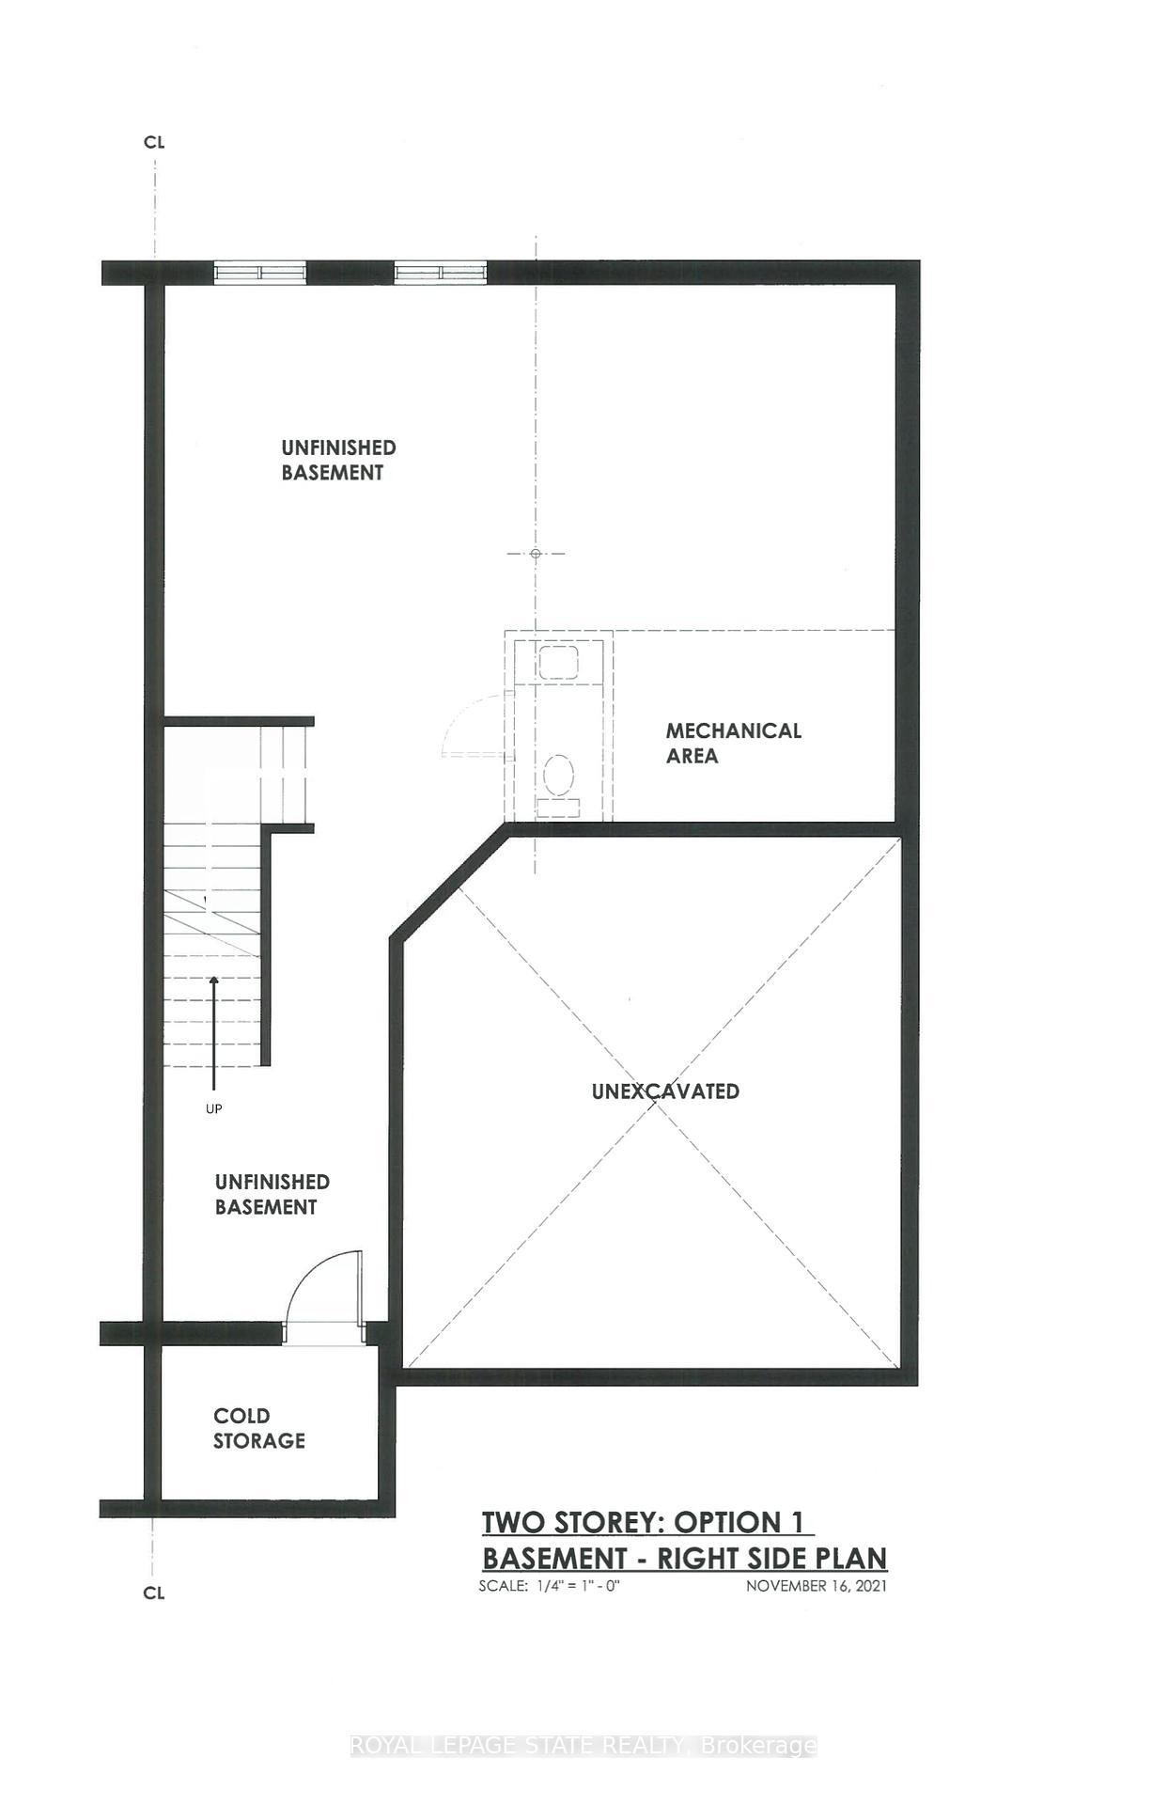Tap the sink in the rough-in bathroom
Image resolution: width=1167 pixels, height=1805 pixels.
pos(558,662)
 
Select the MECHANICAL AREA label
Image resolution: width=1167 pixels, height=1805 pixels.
pos(733,743)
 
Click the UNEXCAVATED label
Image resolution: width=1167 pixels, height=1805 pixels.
pos(665,1091)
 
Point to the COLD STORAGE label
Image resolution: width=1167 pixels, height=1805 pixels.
pos(258,1428)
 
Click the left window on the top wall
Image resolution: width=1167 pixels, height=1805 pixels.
pos(259,273)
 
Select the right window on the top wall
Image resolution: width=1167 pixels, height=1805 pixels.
pos(440,273)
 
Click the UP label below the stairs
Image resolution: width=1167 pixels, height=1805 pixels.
pos(214,1109)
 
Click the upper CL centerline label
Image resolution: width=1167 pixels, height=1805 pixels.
pos(154,142)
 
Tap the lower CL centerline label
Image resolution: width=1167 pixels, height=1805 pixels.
pos(154,1593)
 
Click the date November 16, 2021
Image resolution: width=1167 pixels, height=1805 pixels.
pos(816,1586)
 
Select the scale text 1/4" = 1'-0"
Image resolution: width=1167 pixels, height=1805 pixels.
pos(550,1586)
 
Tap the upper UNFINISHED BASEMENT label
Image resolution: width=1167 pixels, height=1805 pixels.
pos(337,460)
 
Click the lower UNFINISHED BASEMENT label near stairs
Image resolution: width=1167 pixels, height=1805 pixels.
pos(272,1194)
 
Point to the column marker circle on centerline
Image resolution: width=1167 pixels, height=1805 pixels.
pos(536,554)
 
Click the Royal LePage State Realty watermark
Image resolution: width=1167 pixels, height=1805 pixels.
pos(583,1746)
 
